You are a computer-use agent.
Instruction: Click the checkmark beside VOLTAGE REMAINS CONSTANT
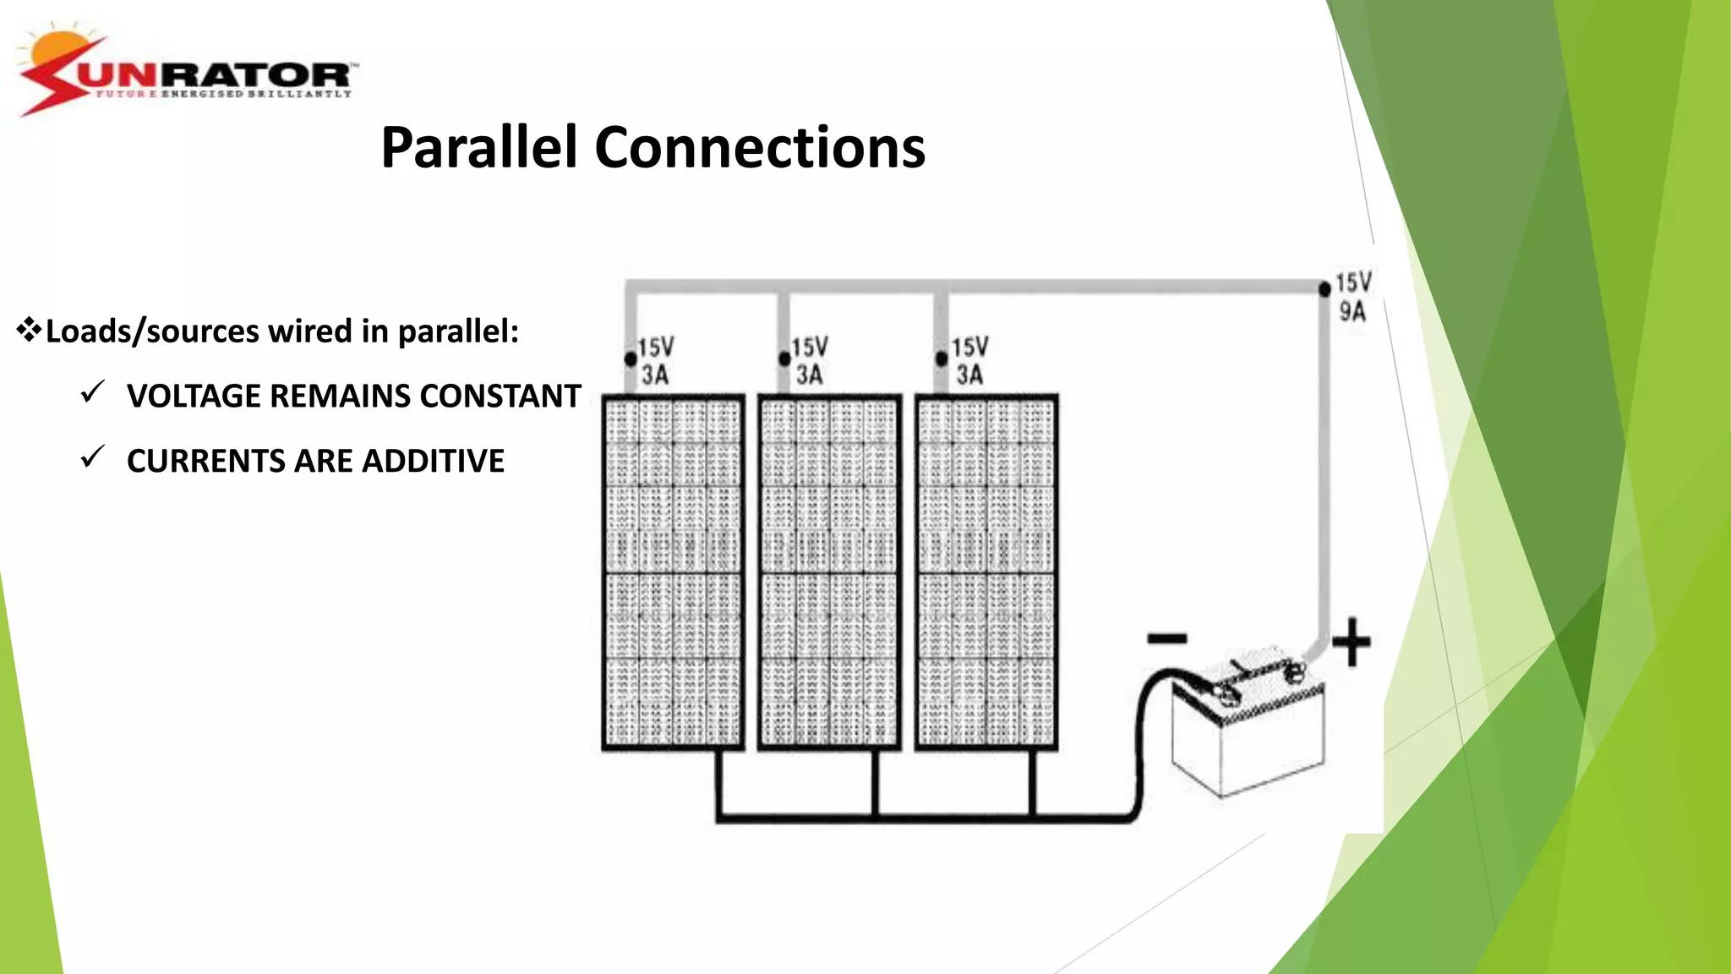(92, 392)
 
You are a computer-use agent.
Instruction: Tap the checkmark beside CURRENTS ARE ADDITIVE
(92, 457)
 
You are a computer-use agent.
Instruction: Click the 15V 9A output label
(1353, 297)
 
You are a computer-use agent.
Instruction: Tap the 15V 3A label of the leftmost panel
(656, 361)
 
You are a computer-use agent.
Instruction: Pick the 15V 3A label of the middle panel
(810, 361)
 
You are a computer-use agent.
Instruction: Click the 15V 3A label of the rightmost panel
(969, 361)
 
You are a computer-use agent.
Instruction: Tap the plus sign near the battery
(1351, 642)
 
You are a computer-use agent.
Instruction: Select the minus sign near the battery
(1167, 638)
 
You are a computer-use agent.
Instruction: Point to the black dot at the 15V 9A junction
(1324, 289)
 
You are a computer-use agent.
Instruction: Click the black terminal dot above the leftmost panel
(631, 359)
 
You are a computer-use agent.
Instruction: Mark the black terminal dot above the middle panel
(784, 359)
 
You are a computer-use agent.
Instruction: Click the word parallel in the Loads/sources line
(457, 331)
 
